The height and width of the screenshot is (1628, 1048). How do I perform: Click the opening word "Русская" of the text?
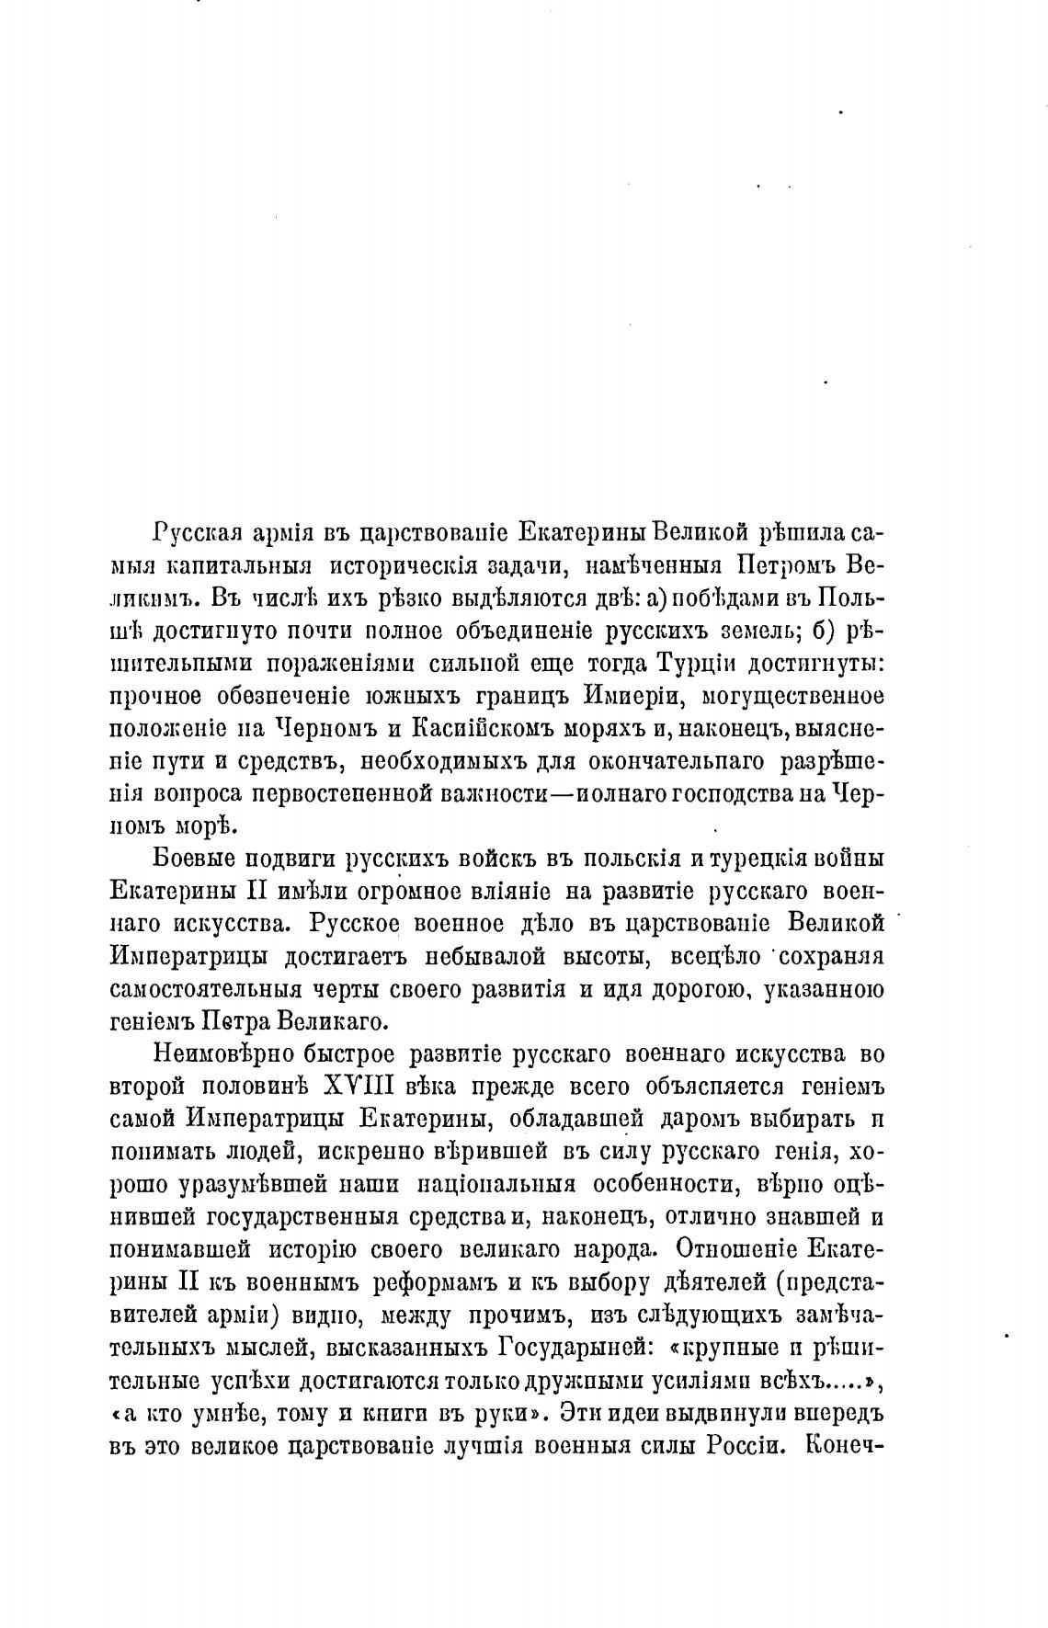coord(197,534)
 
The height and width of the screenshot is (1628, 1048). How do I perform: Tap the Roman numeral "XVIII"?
coord(359,1087)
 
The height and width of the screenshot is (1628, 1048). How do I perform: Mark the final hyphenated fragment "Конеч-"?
coord(842,1444)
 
